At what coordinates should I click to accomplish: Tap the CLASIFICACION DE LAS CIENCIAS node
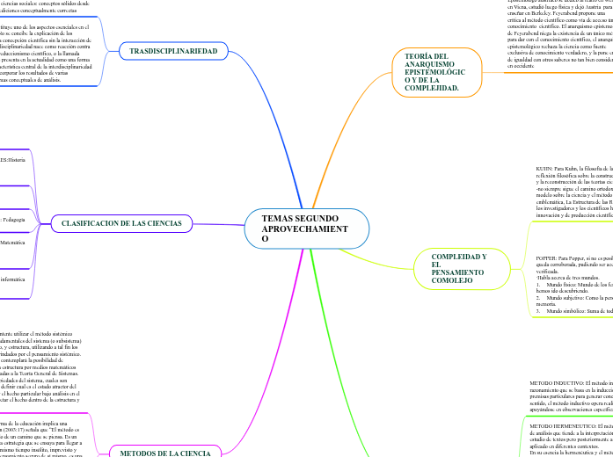(x=121, y=223)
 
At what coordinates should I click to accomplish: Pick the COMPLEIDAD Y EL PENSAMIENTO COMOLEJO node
(x=459, y=268)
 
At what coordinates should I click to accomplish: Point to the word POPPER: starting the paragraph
(x=548, y=259)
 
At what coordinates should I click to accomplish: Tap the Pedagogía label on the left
(x=11, y=219)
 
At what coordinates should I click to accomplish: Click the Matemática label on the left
(x=12, y=240)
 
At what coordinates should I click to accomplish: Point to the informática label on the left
(x=12, y=279)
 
